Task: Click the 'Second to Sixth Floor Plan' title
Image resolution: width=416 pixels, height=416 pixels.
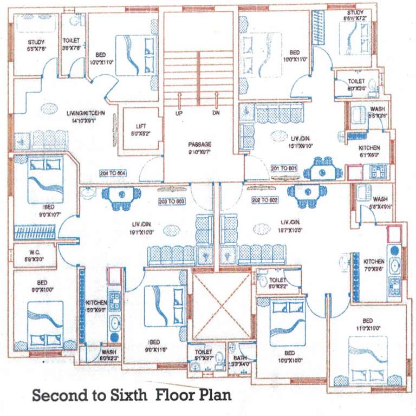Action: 132,395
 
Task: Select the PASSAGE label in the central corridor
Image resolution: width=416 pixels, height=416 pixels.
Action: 199,145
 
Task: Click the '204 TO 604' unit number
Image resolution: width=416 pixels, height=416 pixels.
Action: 113,173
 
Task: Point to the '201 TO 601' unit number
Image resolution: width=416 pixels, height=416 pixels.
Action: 284,168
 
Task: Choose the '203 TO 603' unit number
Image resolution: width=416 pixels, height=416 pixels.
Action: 172,200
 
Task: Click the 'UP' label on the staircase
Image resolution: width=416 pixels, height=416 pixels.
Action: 178,114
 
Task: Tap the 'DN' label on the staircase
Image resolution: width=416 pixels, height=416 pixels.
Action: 216,114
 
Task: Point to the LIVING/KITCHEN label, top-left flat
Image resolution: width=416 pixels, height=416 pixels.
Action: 85,113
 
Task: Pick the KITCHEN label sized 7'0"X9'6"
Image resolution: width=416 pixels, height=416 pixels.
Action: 374,261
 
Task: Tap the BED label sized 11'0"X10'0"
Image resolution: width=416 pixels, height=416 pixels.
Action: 367,320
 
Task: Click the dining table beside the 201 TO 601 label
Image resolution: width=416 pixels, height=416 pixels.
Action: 323,171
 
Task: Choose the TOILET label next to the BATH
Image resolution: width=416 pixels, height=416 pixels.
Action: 203,352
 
